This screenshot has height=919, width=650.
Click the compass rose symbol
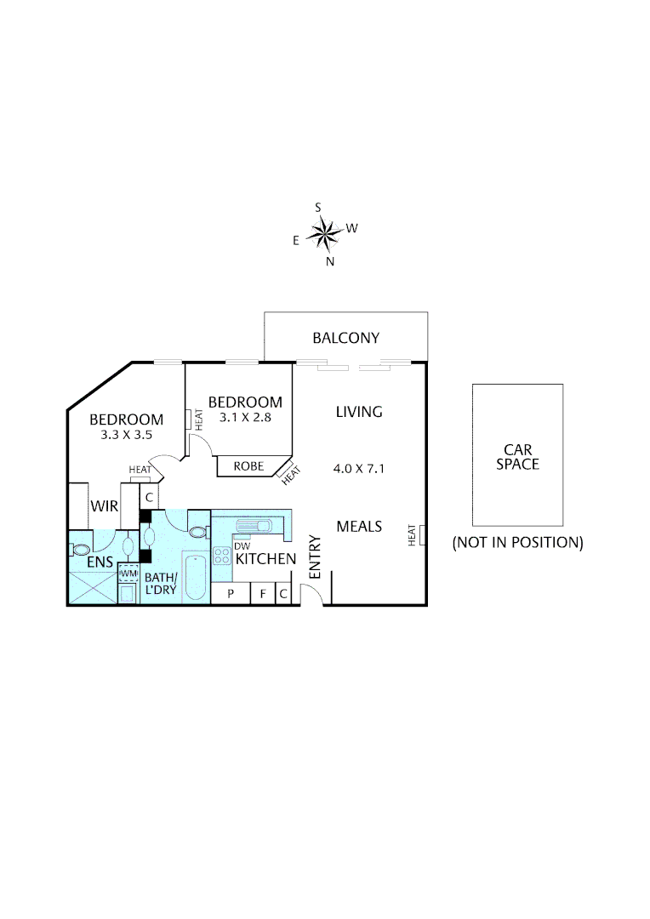point(324,231)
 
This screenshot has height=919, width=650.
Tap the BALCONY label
point(345,338)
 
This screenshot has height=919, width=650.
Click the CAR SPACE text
point(517,457)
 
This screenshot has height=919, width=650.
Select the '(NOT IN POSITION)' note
point(517,542)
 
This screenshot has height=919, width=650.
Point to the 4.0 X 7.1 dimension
point(359,467)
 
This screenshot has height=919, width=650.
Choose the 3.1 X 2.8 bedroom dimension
point(245,417)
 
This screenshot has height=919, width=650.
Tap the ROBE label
point(248,466)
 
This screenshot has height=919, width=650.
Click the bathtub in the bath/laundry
point(195,577)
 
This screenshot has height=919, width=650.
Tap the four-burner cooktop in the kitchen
point(222,557)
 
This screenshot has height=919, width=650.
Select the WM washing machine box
point(128,574)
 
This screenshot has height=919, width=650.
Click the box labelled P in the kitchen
point(230,594)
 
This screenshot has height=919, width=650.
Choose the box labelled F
point(263,594)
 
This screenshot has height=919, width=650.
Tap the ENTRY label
point(314,557)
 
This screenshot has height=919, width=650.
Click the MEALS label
point(359,526)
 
